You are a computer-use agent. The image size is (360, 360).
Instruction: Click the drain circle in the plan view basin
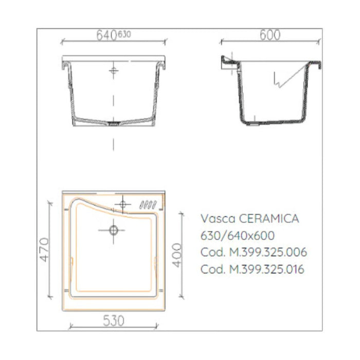[114, 230]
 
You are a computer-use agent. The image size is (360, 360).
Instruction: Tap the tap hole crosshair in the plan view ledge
[122, 205]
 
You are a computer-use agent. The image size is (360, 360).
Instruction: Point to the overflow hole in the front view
[113, 70]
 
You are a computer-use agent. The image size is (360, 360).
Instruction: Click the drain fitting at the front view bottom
[113, 123]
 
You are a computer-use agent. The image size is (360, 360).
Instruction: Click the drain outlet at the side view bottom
[256, 123]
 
